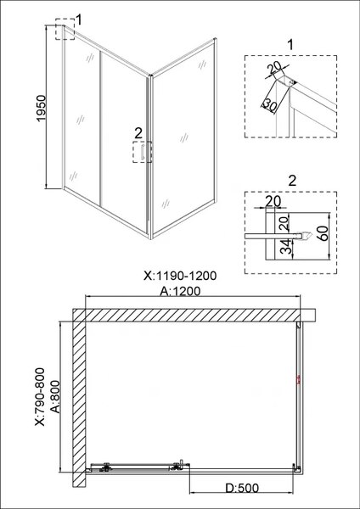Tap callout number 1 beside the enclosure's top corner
[79, 19]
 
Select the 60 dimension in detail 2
[323, 233]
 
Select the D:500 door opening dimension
[244, 489]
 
